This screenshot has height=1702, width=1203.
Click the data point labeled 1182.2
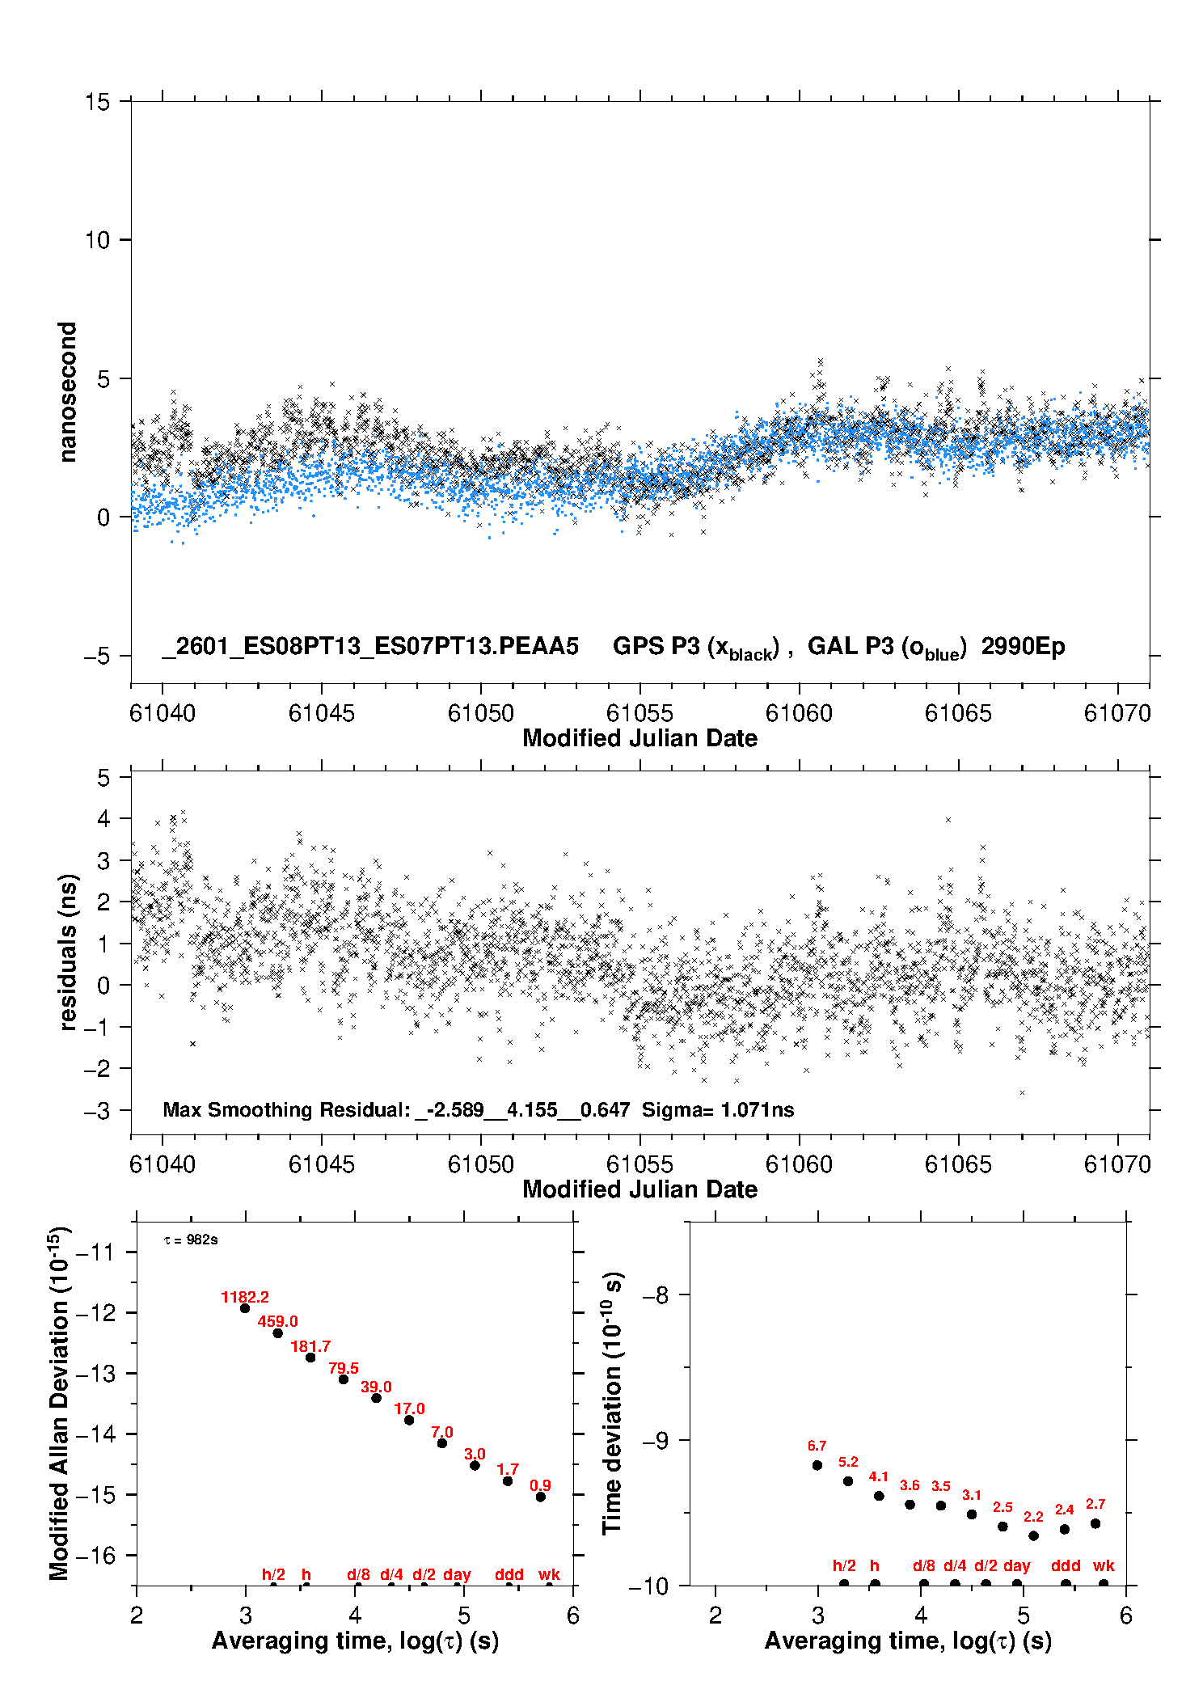click(x=245, y=1308)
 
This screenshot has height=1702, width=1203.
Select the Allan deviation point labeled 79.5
click(x=344, y=1379)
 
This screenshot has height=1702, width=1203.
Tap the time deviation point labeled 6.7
click(x=817, y=1465)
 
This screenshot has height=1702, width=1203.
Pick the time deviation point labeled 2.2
click(x=1033, y=1535)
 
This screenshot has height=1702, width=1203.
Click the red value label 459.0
click(x=277, y=1321)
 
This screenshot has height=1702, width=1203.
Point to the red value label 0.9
click(x=540, y=1485)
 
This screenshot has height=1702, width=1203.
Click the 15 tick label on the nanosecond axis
click(x=97, y=102)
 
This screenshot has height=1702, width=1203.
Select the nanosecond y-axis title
click(x=68, y=391)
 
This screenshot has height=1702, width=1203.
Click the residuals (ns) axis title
click(x=68, y=952)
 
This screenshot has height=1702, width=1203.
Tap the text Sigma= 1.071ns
click(x=718, y=1109)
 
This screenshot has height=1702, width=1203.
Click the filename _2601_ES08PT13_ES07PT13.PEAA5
click(x=370, y=646)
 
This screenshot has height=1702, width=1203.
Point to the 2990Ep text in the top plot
click(x=1023, y=646)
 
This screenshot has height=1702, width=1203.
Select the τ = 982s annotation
click(x=191, y=1240)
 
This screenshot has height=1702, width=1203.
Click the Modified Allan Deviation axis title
click(x=59, y=1403)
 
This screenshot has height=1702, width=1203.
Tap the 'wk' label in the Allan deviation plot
click(x=549, y=1574)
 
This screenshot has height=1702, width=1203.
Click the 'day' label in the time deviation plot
click(x=1016, y=1565)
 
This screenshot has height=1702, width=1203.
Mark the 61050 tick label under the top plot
click(x=481, y=713)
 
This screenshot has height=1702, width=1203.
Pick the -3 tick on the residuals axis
click(x=97, y=1111)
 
